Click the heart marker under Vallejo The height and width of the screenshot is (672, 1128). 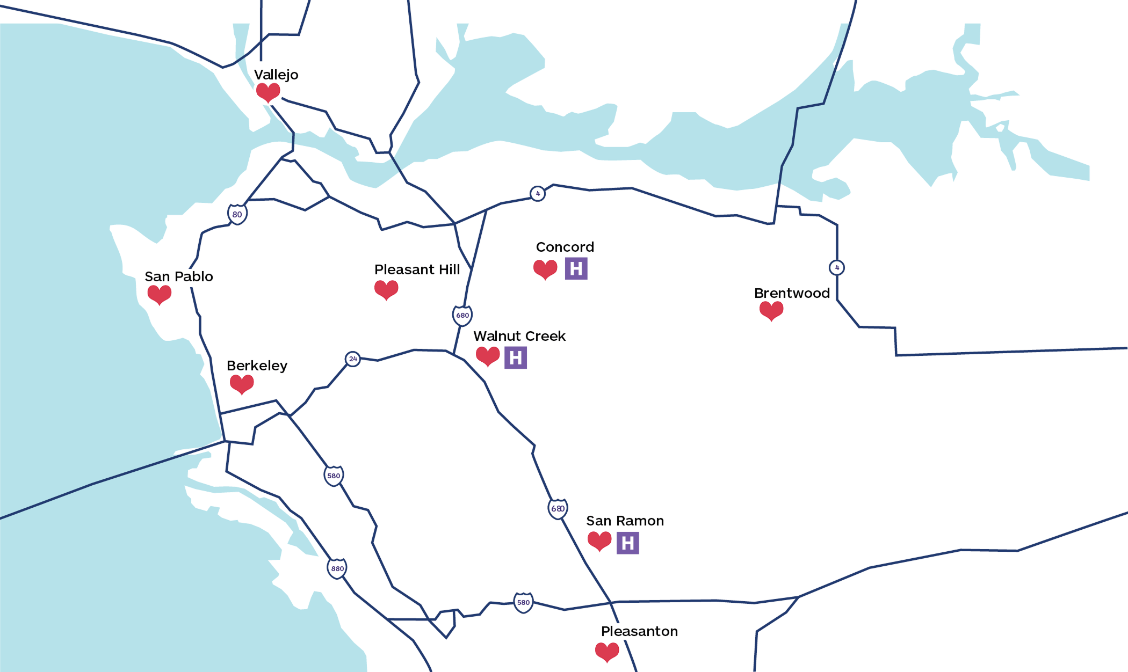point(268,92)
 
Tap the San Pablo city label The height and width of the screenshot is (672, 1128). point(179,276)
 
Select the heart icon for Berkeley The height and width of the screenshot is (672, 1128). point(242,384)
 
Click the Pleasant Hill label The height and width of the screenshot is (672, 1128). point(417,269)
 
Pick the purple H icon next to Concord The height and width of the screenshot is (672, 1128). point(576,268)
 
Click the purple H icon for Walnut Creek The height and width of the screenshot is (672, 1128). point(516,357)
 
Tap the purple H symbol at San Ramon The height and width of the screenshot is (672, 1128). point(627,543)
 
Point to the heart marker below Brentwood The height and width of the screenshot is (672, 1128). point(771,310)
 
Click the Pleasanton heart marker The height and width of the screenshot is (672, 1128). point(607,652)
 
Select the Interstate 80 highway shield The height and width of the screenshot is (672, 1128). point(237,214)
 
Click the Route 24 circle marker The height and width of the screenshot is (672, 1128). point(353,359)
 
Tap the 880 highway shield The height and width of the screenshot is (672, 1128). point(337,568)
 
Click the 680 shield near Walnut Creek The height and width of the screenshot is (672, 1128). point(462,315)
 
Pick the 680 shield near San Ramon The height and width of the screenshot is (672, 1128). point(558,508)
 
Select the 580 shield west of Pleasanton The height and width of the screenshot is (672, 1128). point(523,602)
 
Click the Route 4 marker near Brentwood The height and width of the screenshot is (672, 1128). point(837,267)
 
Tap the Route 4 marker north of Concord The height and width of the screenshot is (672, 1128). point(538,193)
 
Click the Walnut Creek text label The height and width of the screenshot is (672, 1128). point(519,336)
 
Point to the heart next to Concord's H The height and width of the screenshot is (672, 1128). point(545,268)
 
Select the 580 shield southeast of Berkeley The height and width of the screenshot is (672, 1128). point(334,476)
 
